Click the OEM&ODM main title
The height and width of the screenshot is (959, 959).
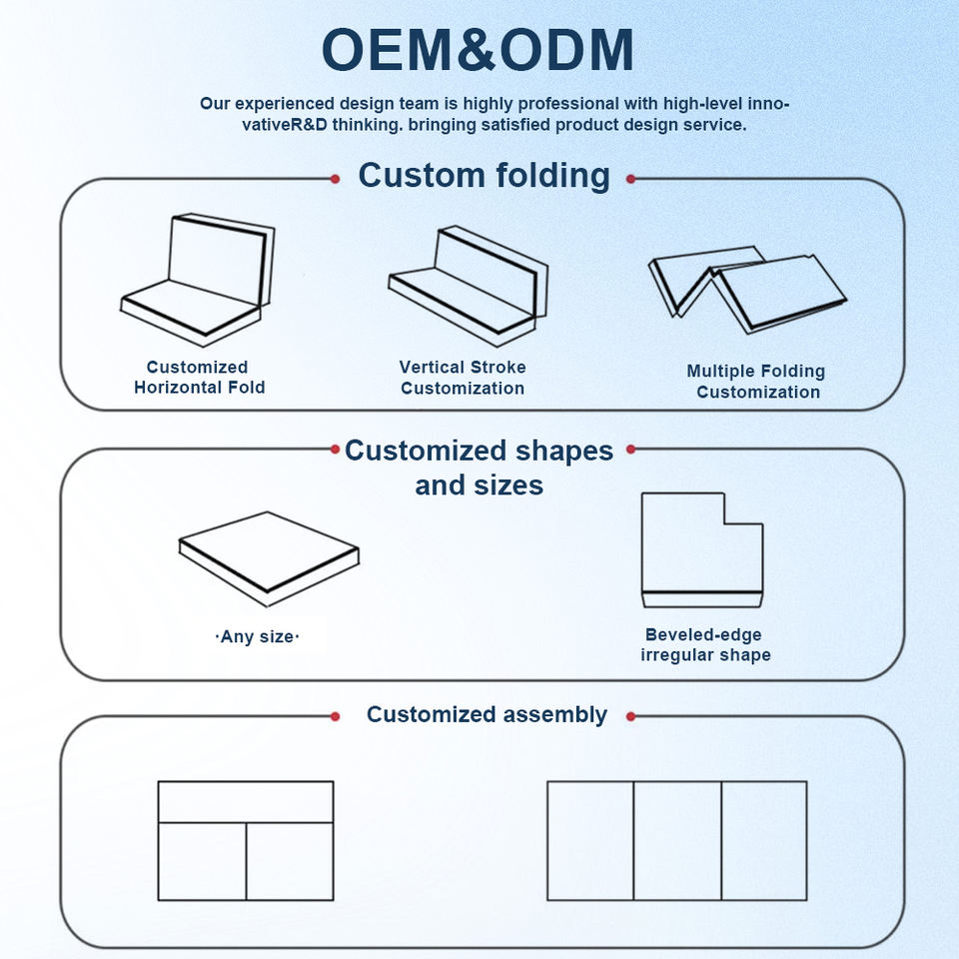pos(478,50)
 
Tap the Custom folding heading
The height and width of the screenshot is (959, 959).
pos(483,176)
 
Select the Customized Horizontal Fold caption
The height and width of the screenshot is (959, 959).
pos(199,378)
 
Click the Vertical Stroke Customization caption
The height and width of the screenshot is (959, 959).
pos(462,378)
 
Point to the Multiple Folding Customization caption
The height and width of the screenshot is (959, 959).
pos(756,382)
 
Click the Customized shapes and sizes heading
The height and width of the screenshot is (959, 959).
pos(479,468)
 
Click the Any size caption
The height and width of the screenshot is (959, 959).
pos(258,636)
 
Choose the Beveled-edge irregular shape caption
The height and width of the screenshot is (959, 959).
pos(705,645)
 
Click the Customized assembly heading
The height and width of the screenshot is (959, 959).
pos(486,715)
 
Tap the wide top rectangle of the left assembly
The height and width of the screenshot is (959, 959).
pos(246,802)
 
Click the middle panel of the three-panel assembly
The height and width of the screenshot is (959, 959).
pos(677,840)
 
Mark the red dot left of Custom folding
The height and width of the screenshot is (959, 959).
pos(335,179)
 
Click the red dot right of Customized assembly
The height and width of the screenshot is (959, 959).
pos(630,716)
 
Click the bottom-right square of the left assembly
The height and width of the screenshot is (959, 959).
pos(290,861)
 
